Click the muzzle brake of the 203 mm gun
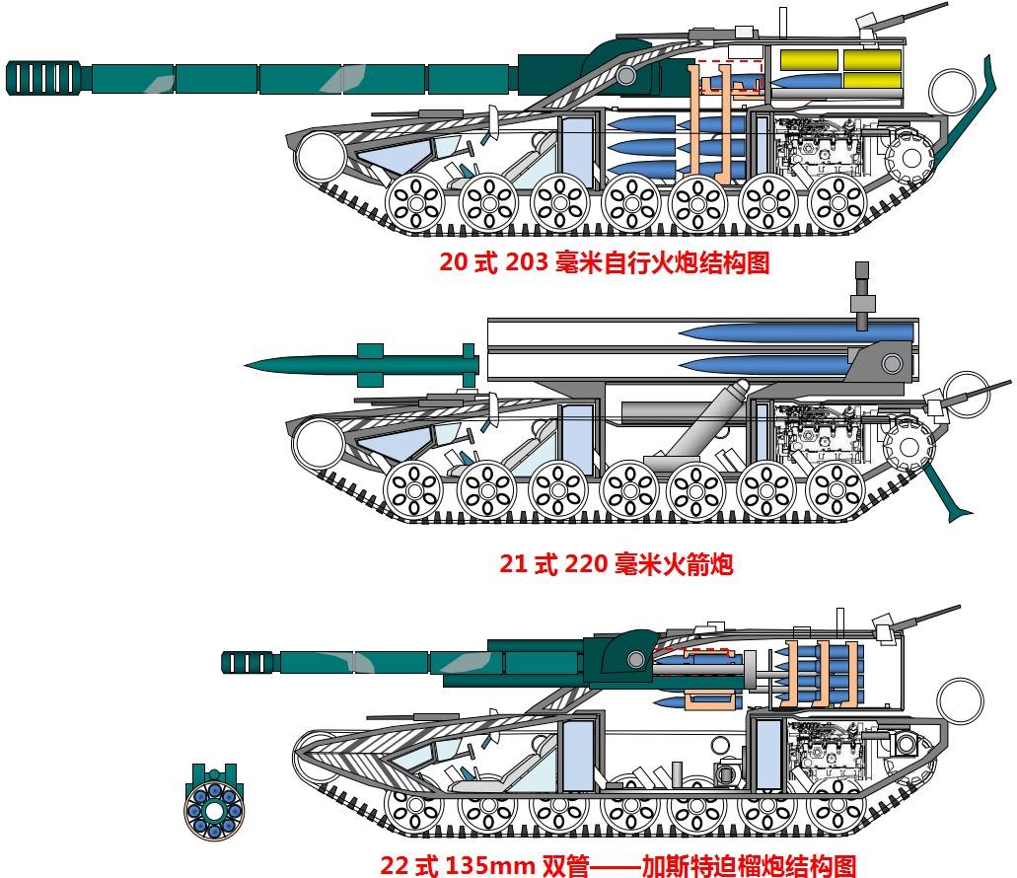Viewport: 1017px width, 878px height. click(46, 78)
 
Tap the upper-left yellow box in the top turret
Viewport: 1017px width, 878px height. click(809, 59)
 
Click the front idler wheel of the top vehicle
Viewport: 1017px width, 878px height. click(322, 155)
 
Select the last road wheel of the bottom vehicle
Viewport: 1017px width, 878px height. click(837, 811)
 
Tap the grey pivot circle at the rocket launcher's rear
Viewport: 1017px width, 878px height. click(892, 363)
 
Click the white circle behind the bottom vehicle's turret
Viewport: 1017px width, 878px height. click(959, 699)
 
